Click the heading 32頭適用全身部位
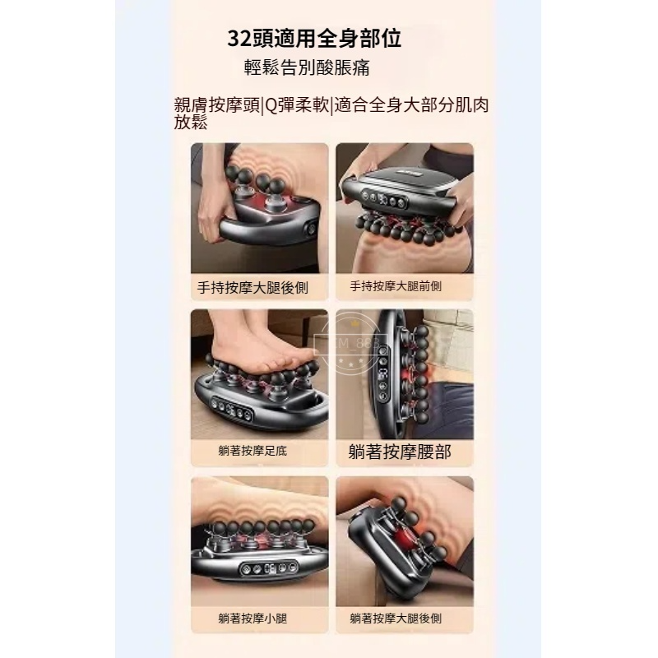(x=314, y=38)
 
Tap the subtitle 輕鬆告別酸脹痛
(x=307, y=67)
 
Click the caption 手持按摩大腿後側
(x=253, y=288)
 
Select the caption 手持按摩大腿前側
(x=396, y=286)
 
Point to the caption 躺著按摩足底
(x=253, y=451)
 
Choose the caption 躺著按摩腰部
(x=400, y=452)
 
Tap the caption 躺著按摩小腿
(x=253, y=619)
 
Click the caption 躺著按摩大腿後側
(x=396, y=619)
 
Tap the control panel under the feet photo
(x=234, y=406)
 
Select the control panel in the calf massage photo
(x=269, y=568)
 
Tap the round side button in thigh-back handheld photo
(x=312, y=230)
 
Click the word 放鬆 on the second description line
(x=191, y=123)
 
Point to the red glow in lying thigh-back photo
(x=404, y=538)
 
